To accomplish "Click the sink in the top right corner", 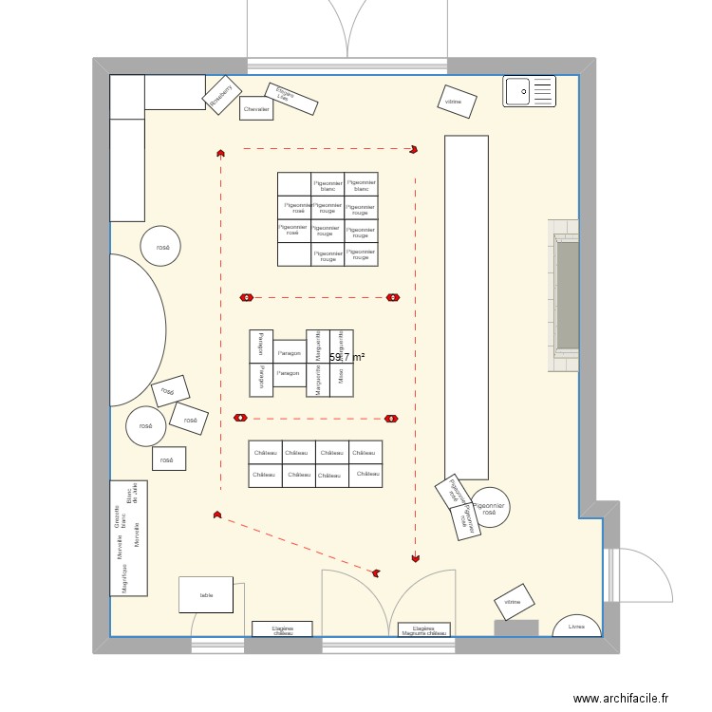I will pyautogui.click(x=530, y=91).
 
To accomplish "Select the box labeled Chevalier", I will pyautogui.click(x=256, y=110).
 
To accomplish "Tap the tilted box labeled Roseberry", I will pyautogui.click(x=221, y=96).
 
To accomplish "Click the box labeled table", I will pyautogui.click(x=206, y=595).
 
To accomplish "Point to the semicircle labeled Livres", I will pyautogui.click(x=576, y=627).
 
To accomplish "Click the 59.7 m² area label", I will pyautogui.click(x=347, y=358).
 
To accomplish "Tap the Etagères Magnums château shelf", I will pyautogui.click(x=423, y=628).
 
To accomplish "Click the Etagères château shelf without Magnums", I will pyautogui.click(x=282, y=628).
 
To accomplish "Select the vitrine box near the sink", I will pyautogui.click(x=454, y=101).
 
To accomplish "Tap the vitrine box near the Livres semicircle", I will pyautogui.click(x=513, y=602).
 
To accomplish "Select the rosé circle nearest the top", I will pyautogui.click(x=162, y=247).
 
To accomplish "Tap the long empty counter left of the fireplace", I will pyautogui.click(x=466, y=307).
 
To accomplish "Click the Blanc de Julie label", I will pyautogui.click(x=131, y=496).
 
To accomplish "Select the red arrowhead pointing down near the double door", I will pyautogui.click(x=415, y=559).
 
